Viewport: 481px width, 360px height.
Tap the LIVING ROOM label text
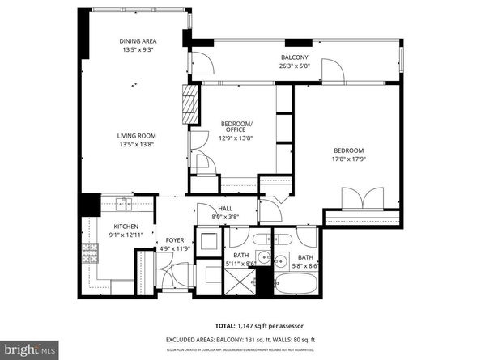pos(136,135)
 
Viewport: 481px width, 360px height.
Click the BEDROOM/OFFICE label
pos(237,127)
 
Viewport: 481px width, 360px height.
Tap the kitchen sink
pos(122,204)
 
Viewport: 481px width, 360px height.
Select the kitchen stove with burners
pos(91,252)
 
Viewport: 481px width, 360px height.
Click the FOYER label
pos(175,240)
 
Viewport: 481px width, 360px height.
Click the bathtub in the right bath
pos(295,286)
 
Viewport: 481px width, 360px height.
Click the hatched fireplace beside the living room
pos(191,104)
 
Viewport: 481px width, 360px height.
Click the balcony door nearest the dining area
pos(197,64)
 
